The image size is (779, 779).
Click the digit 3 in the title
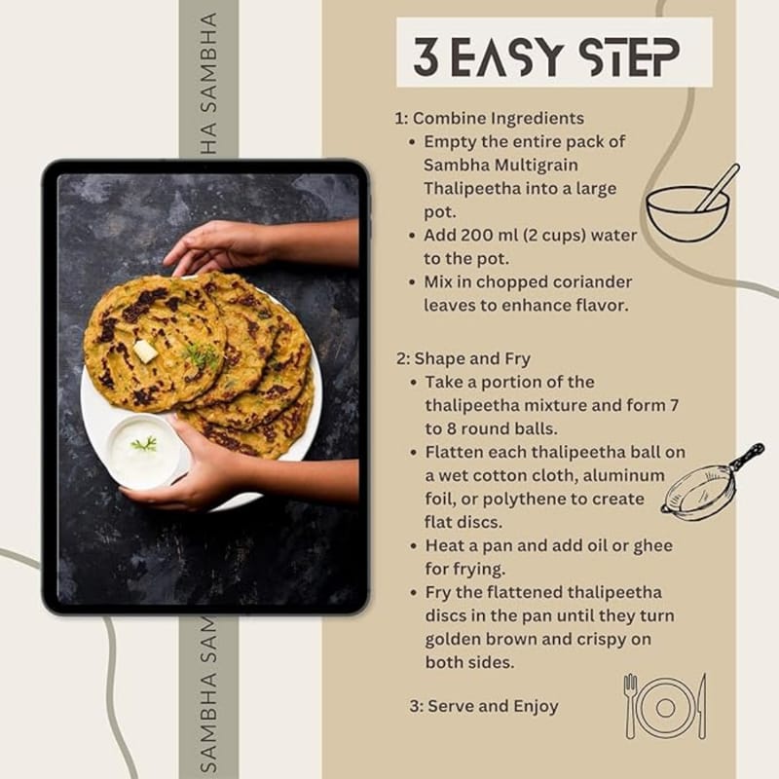427,56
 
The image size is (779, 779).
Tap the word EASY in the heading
506,56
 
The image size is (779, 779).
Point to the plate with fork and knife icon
665,706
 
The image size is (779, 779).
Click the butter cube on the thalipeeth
145,351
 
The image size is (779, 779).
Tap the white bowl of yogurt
144,450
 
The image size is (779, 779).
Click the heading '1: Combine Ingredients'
490,118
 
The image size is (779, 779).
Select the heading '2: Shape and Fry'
464,358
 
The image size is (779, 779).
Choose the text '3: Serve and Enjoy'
484,706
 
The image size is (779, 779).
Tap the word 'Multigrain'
537,166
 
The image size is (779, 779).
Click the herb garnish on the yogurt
144,444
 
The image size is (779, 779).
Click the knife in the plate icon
701,706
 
